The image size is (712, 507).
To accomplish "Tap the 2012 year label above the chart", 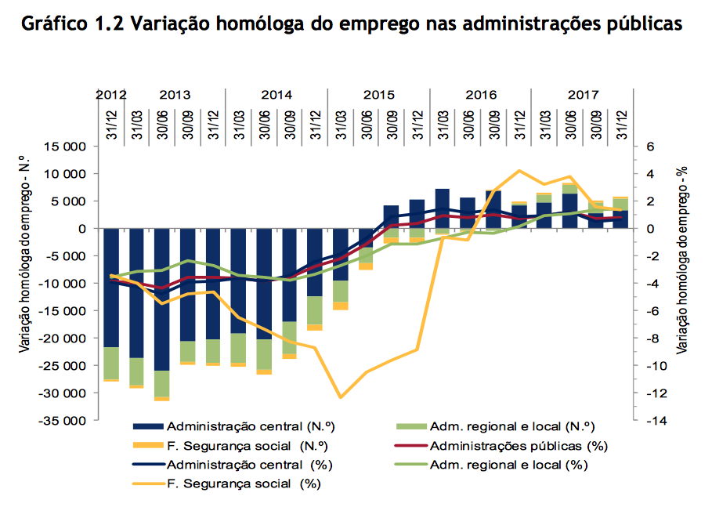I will [111, 95].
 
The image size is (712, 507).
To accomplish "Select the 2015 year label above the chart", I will [378, 95].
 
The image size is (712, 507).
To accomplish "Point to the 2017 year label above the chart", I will [582, 95].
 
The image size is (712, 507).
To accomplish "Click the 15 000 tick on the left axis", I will [66, 147].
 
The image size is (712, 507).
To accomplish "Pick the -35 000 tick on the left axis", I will [63, 421].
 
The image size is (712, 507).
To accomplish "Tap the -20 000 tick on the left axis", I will [63, 339].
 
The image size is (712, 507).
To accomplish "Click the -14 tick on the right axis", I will [654, 421].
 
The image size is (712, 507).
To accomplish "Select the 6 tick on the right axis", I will [650, 147].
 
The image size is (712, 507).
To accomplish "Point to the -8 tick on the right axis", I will [652, 339].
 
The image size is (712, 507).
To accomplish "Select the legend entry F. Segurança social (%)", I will [244, 483].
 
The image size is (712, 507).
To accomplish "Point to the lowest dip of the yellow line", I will [341, 397].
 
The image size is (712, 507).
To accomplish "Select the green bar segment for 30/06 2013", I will [162, 384].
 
